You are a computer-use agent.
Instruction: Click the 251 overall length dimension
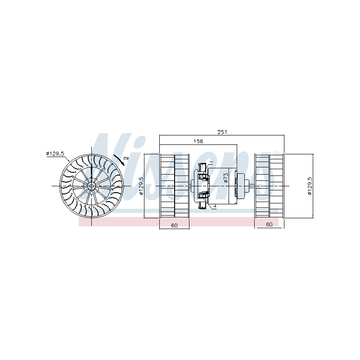222,132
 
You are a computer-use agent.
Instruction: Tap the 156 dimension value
198,141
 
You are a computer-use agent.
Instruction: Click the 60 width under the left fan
174,225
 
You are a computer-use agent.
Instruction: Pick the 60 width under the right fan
269,224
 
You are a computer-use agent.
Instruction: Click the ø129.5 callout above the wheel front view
55,153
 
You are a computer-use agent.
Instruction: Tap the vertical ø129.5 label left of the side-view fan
141,186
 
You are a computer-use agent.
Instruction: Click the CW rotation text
126,158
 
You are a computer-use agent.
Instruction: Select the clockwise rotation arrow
119,160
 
